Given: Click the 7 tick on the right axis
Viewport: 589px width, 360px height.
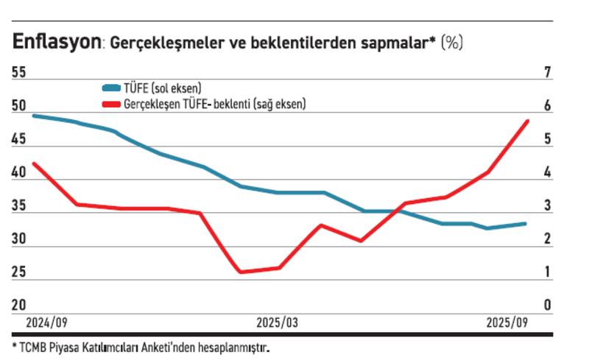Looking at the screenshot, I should [x=547, y=73].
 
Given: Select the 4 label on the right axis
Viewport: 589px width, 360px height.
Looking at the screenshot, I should [x=547, y=173].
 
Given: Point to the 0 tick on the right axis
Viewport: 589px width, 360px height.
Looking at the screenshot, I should [x=547, y=306].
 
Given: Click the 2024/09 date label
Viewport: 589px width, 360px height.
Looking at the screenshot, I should [x=46, y=322].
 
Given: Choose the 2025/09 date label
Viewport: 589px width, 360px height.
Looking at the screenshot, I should [x=507, y=322].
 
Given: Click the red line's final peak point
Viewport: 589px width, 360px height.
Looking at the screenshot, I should [x=527, y=121].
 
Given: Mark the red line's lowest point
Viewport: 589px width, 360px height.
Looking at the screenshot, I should [x=240, y=272].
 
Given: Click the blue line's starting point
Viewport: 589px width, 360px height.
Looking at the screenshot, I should [x=34, y=116].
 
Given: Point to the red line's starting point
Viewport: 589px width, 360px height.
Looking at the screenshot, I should [x=34, y=163].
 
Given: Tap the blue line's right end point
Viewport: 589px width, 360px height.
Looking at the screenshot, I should [x=526, y=223].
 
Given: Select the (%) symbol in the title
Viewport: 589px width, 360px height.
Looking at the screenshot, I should [x=451, y=42].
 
